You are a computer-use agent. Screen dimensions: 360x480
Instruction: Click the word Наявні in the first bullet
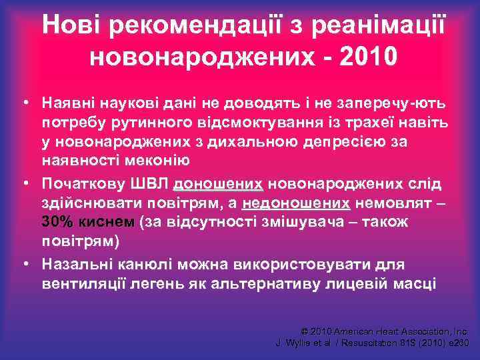coord(69,105)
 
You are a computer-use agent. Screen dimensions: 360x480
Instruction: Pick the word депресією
coord(325,142)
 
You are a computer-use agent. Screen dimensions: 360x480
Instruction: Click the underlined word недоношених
coord(297,203)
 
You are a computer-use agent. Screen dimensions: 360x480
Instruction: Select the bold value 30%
coord(57,221)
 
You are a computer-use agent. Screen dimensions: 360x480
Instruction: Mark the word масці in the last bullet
coord(415,283)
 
